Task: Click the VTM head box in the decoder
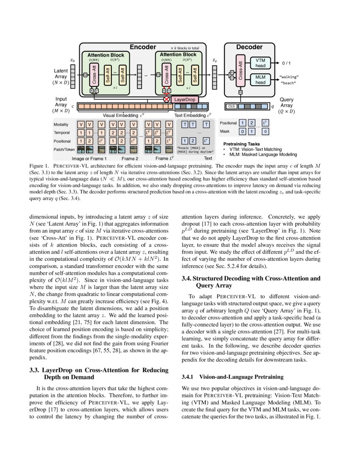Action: click(260, 63)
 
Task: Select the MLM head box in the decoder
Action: click(260, 80)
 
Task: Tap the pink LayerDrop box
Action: click(185, 99)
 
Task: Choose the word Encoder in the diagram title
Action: click(142, 47)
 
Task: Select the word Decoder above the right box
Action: click(249, 47)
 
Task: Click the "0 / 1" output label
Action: click(286, 63)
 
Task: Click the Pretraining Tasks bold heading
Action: click(241, 144)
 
